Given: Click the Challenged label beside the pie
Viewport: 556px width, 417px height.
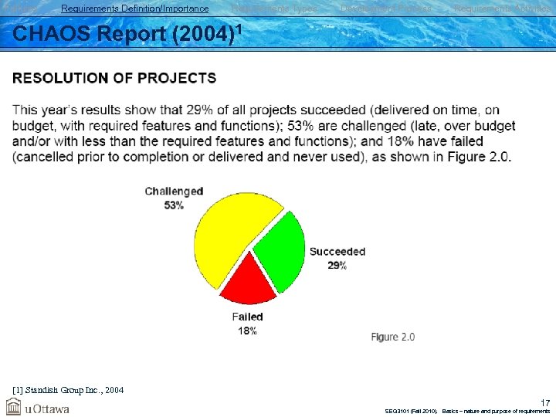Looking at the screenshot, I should click(174, 192).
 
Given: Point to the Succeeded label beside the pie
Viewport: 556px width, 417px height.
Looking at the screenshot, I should click(337, 252).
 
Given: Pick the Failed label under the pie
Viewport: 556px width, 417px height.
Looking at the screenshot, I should click(248, 317).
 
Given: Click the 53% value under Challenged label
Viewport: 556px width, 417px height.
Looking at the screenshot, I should click(174, 205).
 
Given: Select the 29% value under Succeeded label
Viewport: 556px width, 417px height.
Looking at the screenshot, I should click(337, 265).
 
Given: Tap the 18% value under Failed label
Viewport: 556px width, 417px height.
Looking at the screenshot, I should click(247, 330).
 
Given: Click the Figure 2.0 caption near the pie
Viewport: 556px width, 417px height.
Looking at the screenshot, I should click(393, 337).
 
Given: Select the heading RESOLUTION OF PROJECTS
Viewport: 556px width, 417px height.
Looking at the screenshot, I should click(114, 78).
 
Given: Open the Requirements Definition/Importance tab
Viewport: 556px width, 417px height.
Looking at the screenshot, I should click(134, 8).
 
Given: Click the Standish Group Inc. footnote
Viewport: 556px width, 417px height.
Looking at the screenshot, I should click(69, 390).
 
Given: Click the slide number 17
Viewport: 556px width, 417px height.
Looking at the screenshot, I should click(545, 402).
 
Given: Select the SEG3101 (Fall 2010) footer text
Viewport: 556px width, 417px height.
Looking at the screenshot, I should click(411, 411).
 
